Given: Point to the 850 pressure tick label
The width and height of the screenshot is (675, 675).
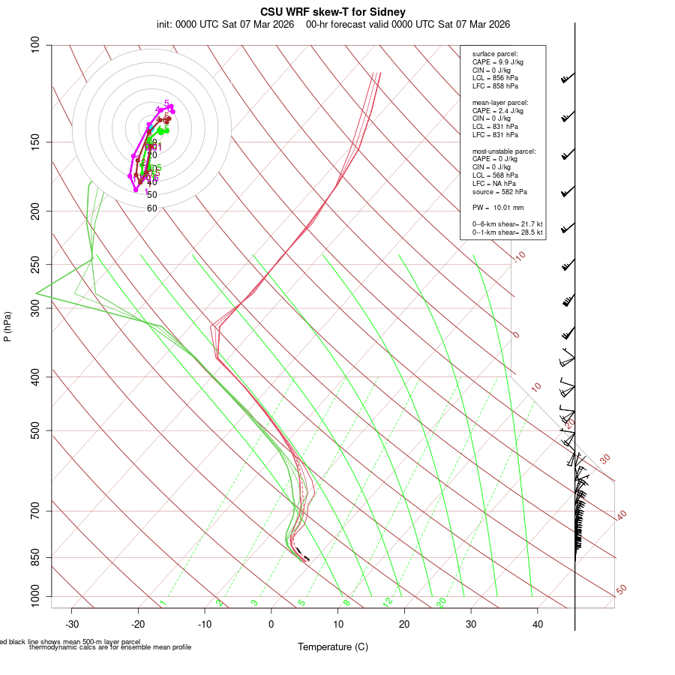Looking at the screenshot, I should [35, 557].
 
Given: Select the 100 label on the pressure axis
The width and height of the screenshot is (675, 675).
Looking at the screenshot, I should [35, 45].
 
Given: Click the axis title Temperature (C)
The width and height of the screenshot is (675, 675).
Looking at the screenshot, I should [332, 646].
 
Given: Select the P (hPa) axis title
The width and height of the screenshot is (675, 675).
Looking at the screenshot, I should [7, 327].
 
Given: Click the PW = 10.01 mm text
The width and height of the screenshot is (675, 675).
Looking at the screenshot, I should [498, 208].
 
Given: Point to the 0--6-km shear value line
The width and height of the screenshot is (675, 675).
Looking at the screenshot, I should [507, 224].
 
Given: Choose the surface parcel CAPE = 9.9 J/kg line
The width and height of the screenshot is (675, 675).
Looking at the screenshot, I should [497, 61].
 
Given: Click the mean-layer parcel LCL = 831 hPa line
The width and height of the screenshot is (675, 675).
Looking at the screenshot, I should [495, 127].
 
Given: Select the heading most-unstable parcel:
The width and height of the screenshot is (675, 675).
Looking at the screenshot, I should [504, 151].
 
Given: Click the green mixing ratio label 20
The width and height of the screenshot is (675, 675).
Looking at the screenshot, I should [442, 602].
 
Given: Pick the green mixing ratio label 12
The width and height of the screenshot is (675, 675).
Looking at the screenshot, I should [388, 602].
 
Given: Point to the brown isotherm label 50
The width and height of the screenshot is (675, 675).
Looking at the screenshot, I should [622, 590].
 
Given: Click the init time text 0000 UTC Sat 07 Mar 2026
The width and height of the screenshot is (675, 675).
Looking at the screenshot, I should [226, 24].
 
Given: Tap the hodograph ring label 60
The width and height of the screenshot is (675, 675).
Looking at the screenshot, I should [152, 208].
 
